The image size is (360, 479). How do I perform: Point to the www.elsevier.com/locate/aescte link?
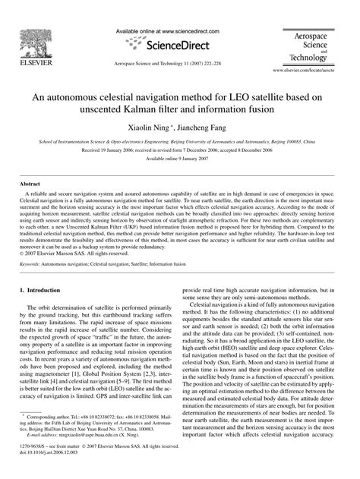(x=314, y=70)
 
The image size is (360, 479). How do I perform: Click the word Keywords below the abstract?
(x=32, y=243)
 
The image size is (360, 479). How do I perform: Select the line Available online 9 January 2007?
(x=180, y=159)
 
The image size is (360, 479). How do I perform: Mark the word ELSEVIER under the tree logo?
(x=29, y=66)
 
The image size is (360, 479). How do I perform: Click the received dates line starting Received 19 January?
(x=180, y=150)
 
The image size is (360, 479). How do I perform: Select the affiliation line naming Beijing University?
(x=180, y=141)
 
